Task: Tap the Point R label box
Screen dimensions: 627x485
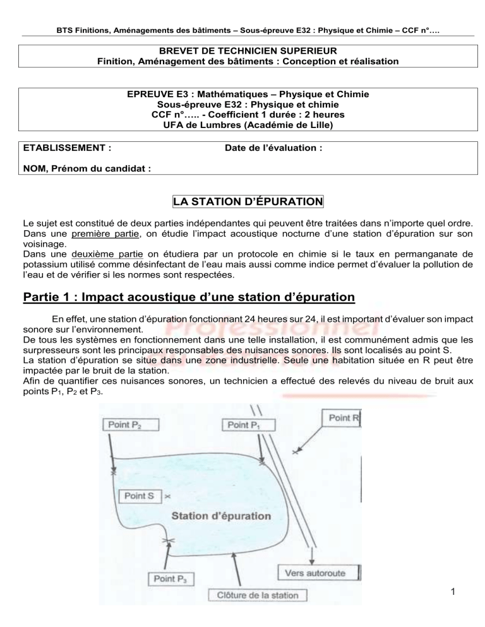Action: (342, 417)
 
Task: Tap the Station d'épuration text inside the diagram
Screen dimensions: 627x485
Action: (222, 515)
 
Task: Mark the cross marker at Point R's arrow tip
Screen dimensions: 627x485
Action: (295, 452)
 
